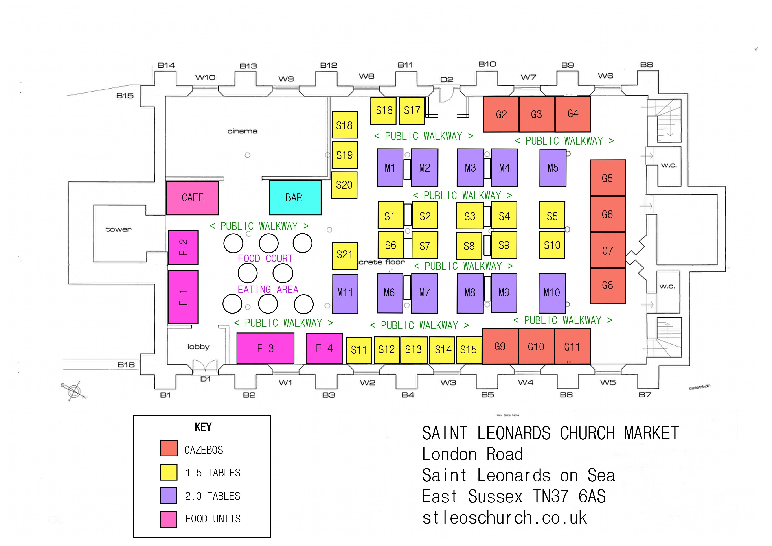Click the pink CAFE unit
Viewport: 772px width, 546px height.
click(x=192, y=198)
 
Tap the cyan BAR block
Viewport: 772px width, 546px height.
click(x=295, y=198)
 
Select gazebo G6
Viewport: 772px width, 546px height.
click(x=608, y=214)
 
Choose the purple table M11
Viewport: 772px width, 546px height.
click(x=345, y=293)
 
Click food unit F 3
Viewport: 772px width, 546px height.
click(x=265, y=349)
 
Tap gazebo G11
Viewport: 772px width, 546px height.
click(x=572, y=347)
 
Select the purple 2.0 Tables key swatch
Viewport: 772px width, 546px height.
click(x=169, y=495)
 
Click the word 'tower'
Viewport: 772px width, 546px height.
click(x=118, y=229)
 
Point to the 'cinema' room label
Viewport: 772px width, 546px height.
click(x=242, y=131)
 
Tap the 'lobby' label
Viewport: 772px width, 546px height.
click(x=198, y=347)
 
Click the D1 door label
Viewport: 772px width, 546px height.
click(x=206, y=379)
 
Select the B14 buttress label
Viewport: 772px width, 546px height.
click(x=166, y=65)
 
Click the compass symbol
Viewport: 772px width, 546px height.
click(x=74, y=391)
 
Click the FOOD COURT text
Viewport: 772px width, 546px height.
click(x=265, y=259)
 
